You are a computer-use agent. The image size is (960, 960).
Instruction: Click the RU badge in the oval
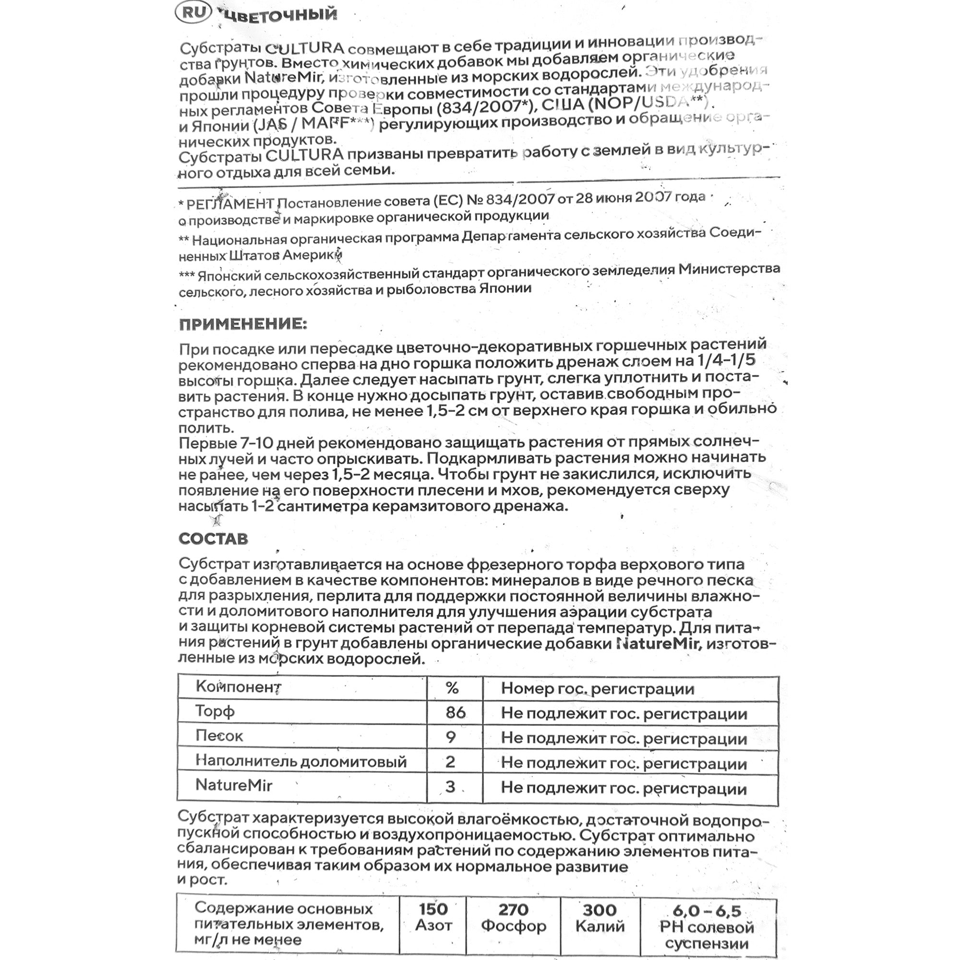[194, 12]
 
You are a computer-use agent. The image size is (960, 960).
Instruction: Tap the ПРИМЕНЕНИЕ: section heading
[243, 324]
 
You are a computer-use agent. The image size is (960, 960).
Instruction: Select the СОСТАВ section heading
[213, 539]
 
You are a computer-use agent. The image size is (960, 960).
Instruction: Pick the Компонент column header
[239, 687]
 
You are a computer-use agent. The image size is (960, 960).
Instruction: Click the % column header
[452, 688]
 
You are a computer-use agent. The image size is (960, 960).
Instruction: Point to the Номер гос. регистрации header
[597, 689]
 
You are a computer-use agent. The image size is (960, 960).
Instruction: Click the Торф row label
[215, 711]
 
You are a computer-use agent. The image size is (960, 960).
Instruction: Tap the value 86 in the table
[455, 712]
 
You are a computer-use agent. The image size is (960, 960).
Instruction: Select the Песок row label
[219, 736]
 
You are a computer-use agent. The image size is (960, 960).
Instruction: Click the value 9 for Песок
[451, 737]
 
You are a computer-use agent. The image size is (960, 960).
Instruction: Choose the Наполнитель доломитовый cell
[300, 761]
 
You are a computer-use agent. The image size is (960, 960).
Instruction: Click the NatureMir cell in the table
[234, 785]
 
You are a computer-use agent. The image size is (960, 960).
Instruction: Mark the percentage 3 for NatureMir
[450, 787]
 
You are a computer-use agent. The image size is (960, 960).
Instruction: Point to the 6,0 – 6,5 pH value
[707, 911]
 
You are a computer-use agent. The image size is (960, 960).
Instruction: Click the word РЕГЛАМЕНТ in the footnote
[230, 204]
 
